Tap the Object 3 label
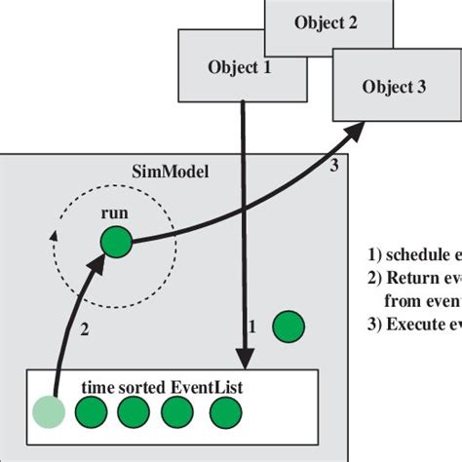(x=394, y=86)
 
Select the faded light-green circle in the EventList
(x=47, y=412)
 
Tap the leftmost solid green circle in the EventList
(x=90, y=412)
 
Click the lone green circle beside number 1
(x=287, y=327)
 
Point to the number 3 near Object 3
(x=333, y=166)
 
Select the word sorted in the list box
(x=142, y=387)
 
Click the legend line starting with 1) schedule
(x=414, y=255)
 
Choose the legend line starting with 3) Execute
(x=414, y=325)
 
